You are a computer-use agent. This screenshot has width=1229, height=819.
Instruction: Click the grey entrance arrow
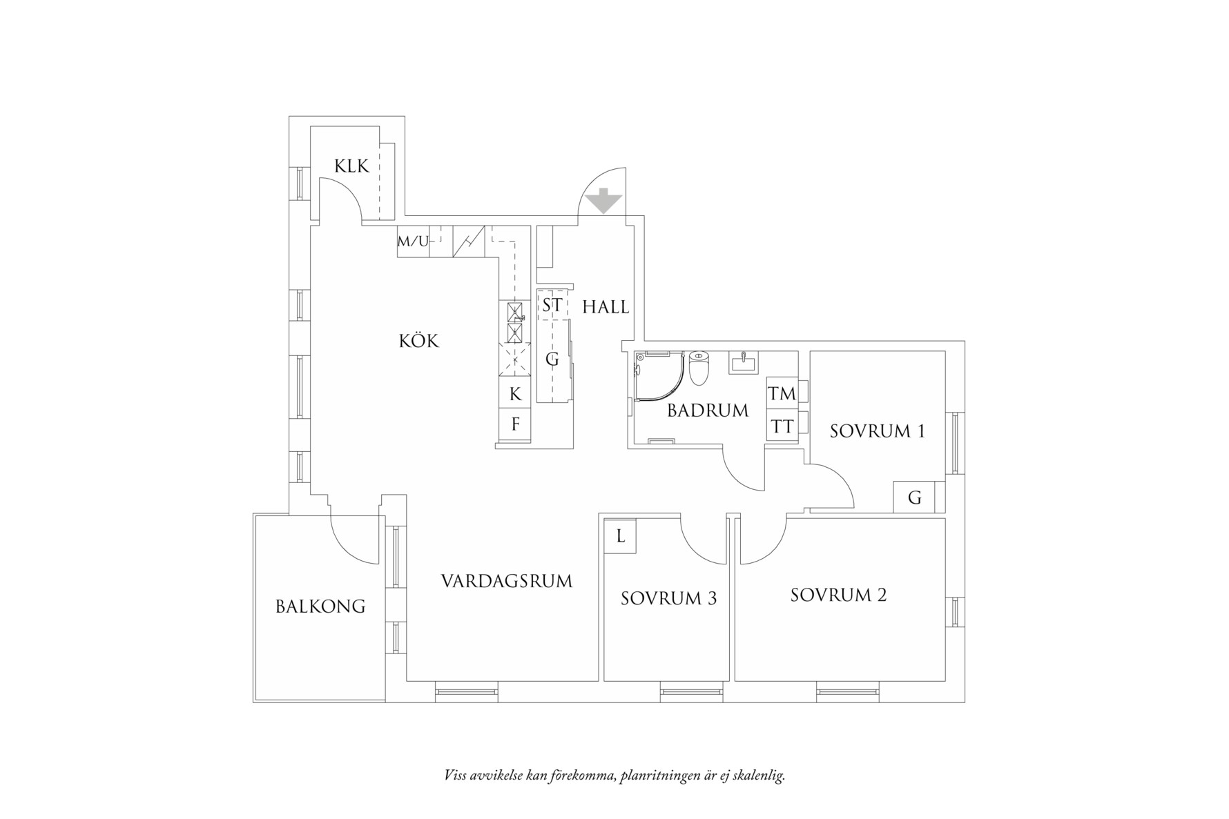point(603,201)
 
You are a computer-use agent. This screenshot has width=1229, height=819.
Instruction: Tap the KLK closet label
point(351,166)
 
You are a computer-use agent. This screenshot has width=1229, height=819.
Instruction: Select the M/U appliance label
point(412,241)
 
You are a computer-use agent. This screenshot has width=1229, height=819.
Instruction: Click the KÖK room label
point(418,341)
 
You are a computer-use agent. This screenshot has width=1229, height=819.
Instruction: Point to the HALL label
point(606,307)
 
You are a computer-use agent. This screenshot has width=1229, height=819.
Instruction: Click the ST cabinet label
point(552,305)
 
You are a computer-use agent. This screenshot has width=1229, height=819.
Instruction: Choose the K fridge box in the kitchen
point(515,394)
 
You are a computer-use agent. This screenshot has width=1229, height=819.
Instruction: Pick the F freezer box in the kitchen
point(515,424)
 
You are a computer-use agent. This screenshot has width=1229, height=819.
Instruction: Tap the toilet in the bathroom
point(699,368)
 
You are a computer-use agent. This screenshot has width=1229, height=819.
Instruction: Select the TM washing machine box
point(782,394)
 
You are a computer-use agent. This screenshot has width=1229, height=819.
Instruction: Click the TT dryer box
point(782,427)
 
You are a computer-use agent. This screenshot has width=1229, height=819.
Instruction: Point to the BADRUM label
point(708,411)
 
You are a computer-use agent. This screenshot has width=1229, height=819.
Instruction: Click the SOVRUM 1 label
point(877,431)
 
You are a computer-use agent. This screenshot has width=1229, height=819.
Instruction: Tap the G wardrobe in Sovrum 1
point(914,497)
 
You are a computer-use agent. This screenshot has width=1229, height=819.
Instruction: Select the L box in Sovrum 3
point(620,536)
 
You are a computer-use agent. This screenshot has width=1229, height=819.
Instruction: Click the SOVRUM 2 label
point(838,595)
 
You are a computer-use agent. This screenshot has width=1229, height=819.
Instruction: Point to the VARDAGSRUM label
point(507,581)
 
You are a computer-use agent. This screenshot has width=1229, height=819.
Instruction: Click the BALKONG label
point(320,606)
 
